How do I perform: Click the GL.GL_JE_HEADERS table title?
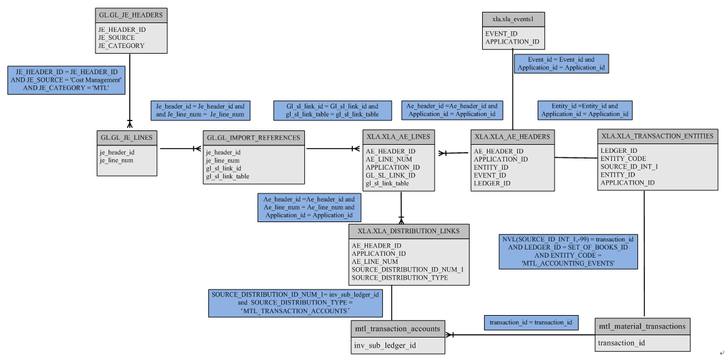click(x=130, y=14)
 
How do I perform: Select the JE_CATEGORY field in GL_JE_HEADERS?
click(x=121, y=46)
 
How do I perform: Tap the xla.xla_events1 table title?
click(x=513, y=19)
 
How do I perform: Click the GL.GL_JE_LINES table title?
click(x=127, y=137)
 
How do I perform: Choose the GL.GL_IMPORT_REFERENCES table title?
click(x=253, y=137)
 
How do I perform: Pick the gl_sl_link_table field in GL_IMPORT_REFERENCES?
click(x=228, y=177)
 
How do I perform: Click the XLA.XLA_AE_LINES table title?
click(x=398, y=137)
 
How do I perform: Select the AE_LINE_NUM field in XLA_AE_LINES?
click(x=389, y=159)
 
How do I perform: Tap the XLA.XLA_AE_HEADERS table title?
click(x=512, y=136)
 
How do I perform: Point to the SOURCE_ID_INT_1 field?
click(x=629, y=167)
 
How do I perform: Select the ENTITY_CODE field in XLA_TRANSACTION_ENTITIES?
click(x=623, y=158)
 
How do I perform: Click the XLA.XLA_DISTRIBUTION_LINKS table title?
click(x=409, y=231)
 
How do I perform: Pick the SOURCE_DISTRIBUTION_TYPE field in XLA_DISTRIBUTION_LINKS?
click(x=400, y=278)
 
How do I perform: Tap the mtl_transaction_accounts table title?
click(x=397, y=328)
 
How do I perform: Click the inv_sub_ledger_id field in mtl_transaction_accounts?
click(x=385, y=344)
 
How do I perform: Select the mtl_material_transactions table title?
click(x=642, y=326)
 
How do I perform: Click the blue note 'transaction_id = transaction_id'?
click(x=531, y=323)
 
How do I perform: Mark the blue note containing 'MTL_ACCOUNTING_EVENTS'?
click(x=568, y=251)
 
